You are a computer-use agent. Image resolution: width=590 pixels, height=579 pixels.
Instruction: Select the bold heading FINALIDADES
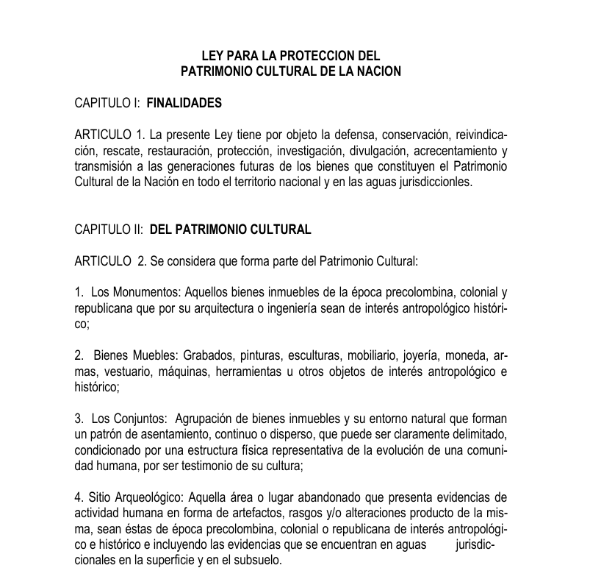tap(184, 104)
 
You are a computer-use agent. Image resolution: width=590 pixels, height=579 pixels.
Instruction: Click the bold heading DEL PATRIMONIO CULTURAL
tap(231, 230)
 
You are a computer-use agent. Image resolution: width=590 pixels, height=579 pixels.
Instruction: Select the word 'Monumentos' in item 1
tap(142, 293)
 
